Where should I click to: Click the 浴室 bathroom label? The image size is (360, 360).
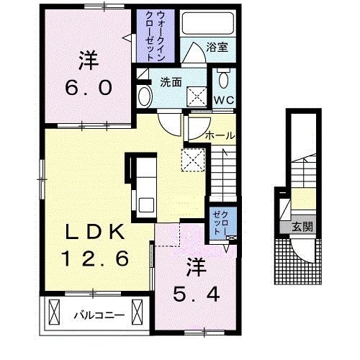(x=217, y=47)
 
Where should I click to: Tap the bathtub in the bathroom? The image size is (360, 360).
(x=208, y=23)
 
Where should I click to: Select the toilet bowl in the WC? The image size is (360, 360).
(x=223, y=78)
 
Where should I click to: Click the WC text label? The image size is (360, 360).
(x=224, y=100)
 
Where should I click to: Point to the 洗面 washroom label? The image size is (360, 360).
(x=171, y=82)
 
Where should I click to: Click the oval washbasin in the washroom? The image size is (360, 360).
(x=144, y=96)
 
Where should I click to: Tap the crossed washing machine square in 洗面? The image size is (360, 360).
(x=197, y=96)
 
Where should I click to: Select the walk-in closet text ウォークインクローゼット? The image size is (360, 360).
(x=155, y=36)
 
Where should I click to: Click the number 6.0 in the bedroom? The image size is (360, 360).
(x=89, y=88)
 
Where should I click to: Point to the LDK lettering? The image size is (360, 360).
(x=96, y=232)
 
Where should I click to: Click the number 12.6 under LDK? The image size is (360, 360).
(x=96, y=258)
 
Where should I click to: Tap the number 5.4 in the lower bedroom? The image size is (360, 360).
(x=197, y=294)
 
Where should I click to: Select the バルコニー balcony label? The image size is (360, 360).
(x=99, y=315)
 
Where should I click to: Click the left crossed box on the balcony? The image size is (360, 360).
(x=54, y=312)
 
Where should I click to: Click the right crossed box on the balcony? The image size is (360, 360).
(x=138, y=312)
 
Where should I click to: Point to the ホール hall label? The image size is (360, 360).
(x=220, y=136)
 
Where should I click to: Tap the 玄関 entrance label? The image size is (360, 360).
(x=302, y=227)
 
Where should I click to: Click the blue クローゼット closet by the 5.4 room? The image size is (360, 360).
(x=220, y=223)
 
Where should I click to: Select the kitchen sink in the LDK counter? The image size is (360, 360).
(x=146, y=204)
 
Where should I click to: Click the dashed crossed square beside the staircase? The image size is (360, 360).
(x=193, y=160)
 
